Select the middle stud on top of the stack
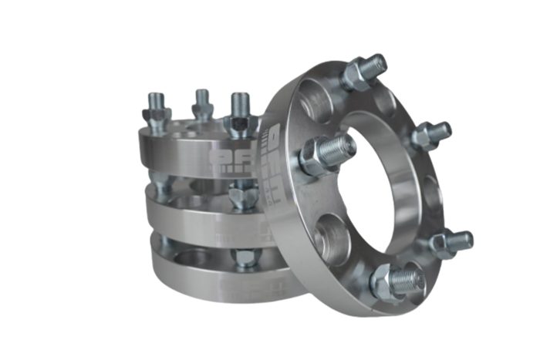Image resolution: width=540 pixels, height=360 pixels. point(202,102)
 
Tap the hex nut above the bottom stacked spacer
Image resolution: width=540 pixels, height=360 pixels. point(245,257)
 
